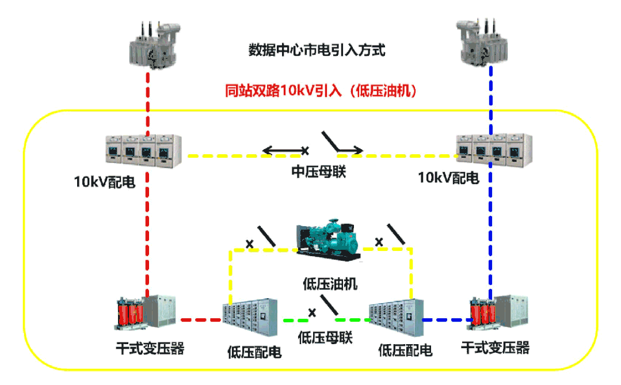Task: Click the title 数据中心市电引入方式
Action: (x=316, y=50)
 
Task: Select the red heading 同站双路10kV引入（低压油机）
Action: (x=321, y=90)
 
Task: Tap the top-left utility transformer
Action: (x=154, y=46)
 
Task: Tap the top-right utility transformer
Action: (x=483, y=43)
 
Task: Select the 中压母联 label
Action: (x=318, y=171)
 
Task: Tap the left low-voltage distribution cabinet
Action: (x=251, y=320)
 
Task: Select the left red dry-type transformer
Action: (x=131, y=314)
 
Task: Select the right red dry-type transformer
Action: (x=484, y=314)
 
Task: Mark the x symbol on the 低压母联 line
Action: (x=313, y=312)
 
